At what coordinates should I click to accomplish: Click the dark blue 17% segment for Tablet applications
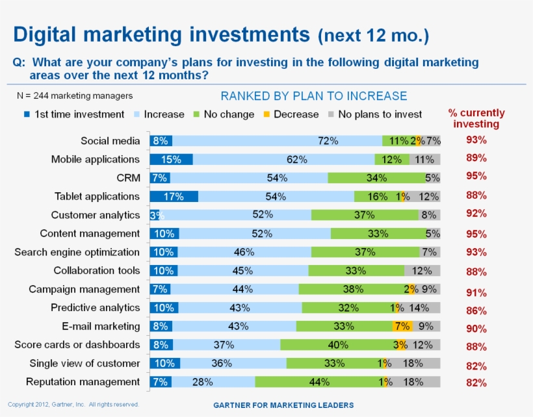tap(174, 197)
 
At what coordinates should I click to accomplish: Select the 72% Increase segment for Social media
tap(278, 141)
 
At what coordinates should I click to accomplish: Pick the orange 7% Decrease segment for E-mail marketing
tap(401, 327)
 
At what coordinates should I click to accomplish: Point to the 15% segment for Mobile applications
tap(171, 159)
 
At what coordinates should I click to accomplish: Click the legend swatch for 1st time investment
tap(27, 115)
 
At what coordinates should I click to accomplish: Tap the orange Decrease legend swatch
tap(266, 115)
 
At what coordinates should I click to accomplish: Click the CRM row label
tap(127, 177)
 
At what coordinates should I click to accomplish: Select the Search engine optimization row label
tap(77, 252)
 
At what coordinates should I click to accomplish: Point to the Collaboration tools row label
tap(96, 270)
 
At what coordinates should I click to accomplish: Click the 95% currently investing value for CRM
tap(476, 176)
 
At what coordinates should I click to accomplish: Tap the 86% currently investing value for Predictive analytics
tap(476, 311)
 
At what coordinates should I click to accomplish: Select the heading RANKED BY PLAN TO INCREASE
tap(314, 96)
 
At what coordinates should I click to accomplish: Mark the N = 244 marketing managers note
tap(74, 96)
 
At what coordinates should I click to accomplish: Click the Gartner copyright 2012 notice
tap(73, 404)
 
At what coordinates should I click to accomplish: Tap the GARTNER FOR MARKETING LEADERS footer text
tap(283, 405)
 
